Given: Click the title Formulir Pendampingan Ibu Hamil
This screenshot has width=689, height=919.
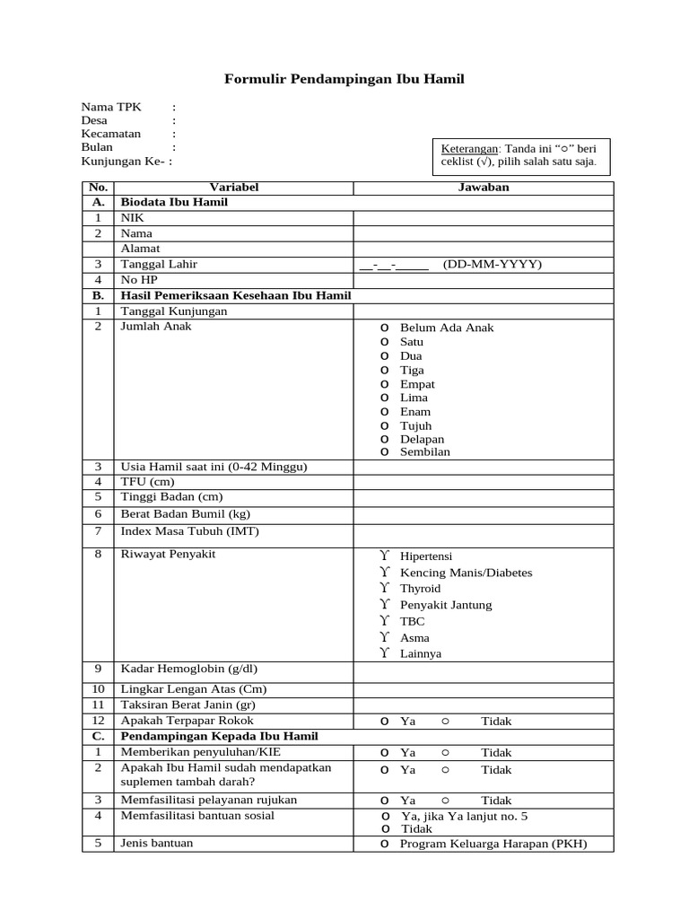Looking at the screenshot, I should [344, 80].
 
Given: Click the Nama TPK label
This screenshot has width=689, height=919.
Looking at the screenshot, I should [110, 107].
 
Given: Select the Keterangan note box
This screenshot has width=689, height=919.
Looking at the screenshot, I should [519, 155].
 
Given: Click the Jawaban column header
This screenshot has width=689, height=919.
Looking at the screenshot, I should [484, 188].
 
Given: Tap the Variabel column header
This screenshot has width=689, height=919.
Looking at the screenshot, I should [233, 188].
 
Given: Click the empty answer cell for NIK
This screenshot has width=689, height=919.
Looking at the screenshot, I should [484, 218].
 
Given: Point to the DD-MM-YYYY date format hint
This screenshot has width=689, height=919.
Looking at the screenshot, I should [493, 264].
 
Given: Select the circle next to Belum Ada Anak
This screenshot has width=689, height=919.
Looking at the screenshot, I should [383, 328].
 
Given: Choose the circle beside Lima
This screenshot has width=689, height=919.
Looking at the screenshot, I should [383, 398].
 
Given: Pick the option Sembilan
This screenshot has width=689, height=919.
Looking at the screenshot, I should [425, 452].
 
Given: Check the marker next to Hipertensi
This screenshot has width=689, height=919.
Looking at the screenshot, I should [383, 556].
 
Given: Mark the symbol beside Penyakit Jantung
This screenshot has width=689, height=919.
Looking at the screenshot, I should [383, 605].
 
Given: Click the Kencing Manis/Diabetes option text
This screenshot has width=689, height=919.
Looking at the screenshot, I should [466, 573].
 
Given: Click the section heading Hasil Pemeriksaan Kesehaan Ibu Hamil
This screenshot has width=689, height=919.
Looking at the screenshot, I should [236, 295].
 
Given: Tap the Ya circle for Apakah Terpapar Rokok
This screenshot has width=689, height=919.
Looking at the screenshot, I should [383, 721].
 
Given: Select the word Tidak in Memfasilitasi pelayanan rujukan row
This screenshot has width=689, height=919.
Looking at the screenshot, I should [496, 801].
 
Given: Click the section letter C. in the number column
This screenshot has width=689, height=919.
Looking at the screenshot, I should [98, 736].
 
